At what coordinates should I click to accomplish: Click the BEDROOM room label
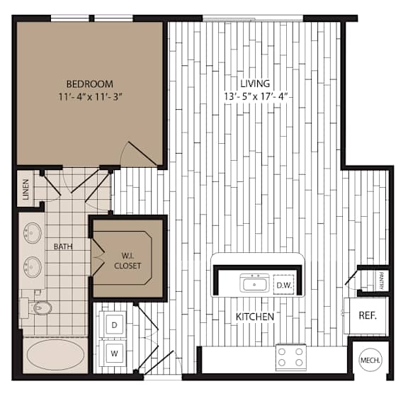[90, 84]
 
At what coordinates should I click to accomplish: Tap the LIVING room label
[255, 84]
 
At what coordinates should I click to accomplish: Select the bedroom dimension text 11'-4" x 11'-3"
[90, 97]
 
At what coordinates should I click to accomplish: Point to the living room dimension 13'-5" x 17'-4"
[256, 96]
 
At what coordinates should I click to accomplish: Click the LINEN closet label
[25, 189]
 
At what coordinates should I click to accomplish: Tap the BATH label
[63, 247]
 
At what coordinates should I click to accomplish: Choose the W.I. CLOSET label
[127, 261]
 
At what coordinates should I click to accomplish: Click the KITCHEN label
[255, 317]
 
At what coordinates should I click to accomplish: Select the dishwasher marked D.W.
[283, 285]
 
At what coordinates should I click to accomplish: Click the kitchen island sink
[254, 283]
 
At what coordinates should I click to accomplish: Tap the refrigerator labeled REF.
[366, 316]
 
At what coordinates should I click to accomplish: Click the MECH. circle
[370, 360]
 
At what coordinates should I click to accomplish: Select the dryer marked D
[115, 324]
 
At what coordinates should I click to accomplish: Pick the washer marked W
[115, 353]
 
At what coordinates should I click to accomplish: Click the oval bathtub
[55, 355]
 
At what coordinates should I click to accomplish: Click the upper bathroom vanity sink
[33, 233]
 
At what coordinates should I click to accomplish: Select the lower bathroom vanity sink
[33, 266]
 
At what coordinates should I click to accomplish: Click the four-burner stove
[290, 357]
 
